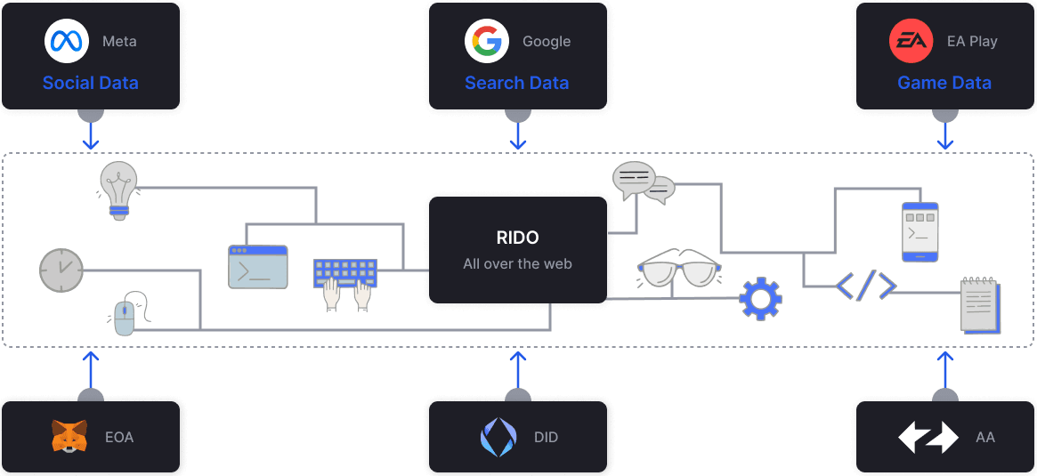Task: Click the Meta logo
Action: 67,41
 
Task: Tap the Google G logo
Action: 486,41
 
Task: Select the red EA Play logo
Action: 911,41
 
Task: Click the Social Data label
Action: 90,83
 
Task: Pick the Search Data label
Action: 516,83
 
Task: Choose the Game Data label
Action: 944,83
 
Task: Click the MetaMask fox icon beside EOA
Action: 69,437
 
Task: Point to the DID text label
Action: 547,437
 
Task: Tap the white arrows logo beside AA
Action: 928,437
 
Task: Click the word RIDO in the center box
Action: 517,238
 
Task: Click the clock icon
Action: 61,270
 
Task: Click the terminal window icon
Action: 258,267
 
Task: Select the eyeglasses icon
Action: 678,272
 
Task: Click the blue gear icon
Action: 760,299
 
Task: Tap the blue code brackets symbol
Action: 865,285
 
